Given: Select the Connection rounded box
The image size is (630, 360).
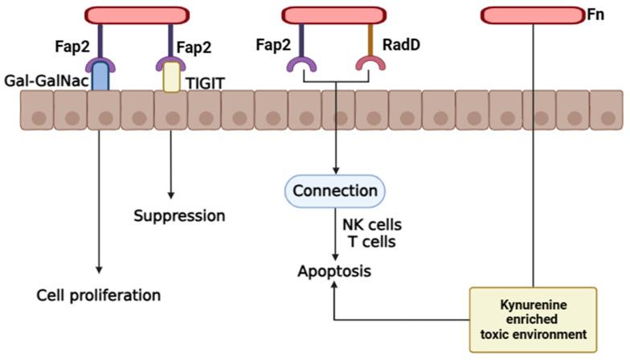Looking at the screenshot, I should (x=335, y=191).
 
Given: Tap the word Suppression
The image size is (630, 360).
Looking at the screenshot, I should (x=178, y=216).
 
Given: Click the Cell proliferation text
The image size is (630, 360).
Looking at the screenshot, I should (x=99, y=295).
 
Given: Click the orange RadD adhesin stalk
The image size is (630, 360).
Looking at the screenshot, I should (x=369, y=40).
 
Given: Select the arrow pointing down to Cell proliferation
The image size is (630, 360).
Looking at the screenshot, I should (x=100, y=201).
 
